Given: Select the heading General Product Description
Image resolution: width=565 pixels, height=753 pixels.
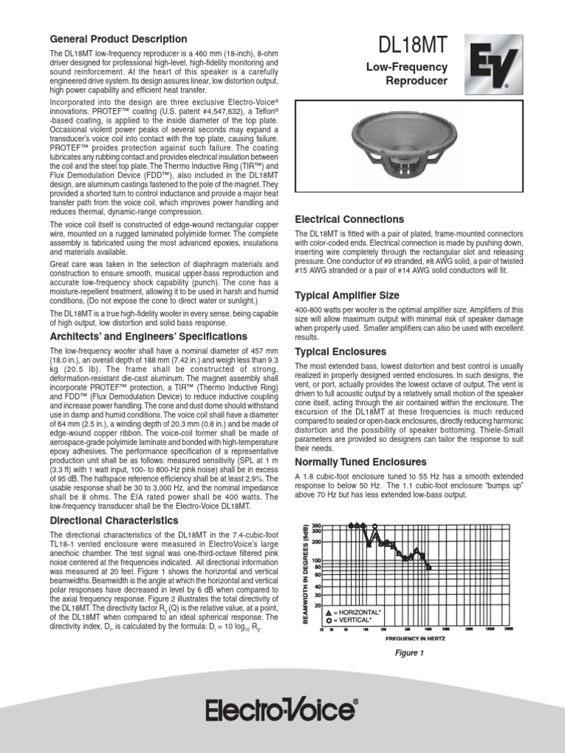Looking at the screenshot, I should (118, 39).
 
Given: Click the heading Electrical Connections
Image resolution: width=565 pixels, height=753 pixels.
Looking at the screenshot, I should (349, 219).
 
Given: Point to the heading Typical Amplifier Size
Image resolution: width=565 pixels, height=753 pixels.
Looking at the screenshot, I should (347, 295).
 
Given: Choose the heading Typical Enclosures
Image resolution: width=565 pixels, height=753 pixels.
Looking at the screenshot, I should (340, 351).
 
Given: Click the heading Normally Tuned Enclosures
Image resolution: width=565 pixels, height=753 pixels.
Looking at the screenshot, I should (360, 462).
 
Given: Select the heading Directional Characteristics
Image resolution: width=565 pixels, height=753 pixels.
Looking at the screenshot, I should (113, 521).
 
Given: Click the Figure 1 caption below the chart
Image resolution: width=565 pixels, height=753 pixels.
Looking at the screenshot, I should (410, 653).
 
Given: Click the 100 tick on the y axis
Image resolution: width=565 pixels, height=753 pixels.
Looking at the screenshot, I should (317, 561).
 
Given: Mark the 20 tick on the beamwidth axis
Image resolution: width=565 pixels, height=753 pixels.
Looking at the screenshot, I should (318, 605).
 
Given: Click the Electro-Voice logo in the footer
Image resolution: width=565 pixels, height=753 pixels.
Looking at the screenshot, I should (282, 711).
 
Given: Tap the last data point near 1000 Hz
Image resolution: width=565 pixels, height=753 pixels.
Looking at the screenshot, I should (429, 567).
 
